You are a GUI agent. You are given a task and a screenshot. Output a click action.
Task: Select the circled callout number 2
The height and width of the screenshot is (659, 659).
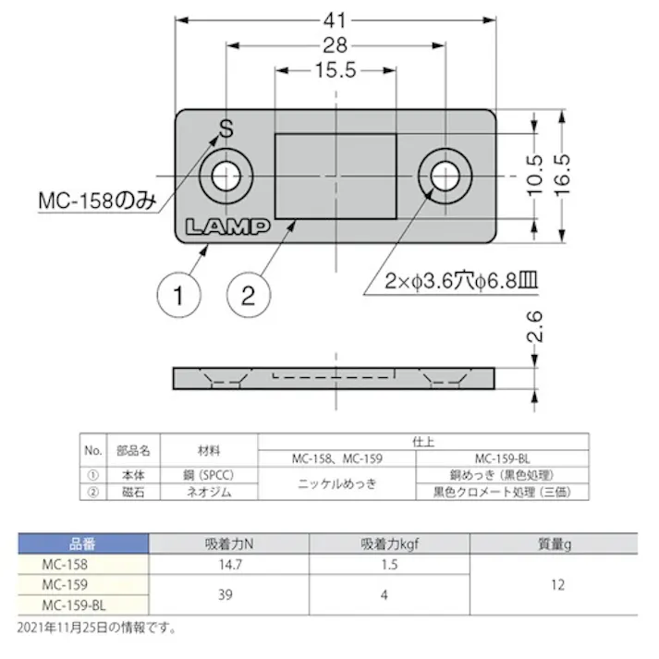point(248,297)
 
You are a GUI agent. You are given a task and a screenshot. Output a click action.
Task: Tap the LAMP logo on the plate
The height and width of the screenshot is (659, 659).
point(226,226)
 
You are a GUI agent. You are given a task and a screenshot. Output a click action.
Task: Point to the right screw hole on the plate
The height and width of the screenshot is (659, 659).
point(445,174)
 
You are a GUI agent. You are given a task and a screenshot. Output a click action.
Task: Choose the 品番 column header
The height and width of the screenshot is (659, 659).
point(83,544)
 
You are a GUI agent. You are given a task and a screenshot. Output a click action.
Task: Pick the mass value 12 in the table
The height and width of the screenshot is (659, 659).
point(555,584)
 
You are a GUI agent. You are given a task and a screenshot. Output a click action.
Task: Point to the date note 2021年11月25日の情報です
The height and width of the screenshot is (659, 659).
point(96,628)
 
